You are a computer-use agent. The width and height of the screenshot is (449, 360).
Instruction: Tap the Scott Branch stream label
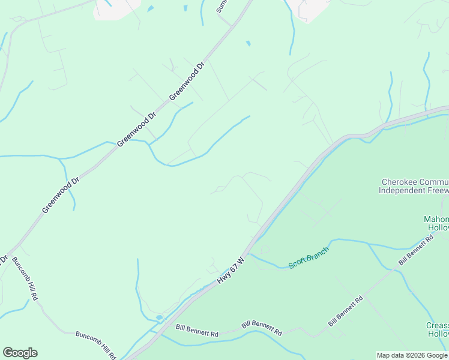coord(309,257)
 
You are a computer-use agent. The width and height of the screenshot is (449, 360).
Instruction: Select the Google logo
coord(20,353)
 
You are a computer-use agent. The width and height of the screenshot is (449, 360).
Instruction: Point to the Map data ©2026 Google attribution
coord(412,355)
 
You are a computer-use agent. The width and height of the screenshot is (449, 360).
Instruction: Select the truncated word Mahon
coord(436,219)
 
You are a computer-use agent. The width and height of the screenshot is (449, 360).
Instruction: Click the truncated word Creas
coord(438,326)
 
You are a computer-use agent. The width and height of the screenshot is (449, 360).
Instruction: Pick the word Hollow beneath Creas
coord(438,334)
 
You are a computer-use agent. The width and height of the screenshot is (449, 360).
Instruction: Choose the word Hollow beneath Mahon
coord(438,227)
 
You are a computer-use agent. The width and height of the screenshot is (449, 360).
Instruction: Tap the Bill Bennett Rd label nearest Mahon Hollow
coord(416,251)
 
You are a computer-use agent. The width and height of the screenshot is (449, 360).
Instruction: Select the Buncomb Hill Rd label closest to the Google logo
coord(96,343)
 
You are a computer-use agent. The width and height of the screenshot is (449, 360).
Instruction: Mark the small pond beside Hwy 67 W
coord(158,317)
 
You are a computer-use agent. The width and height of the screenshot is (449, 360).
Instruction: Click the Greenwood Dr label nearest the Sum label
coord(187,80)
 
